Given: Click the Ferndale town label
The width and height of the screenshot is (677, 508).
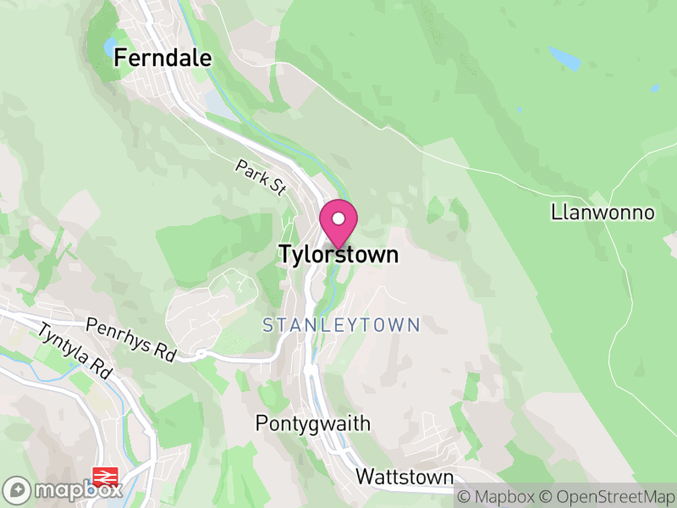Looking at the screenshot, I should [x=162, y=58].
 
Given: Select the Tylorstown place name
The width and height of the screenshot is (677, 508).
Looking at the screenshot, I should [x=338, y=254].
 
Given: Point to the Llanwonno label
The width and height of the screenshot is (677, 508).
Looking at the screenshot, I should [x=603, y=212].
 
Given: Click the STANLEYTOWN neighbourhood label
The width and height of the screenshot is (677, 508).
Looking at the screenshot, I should [x=341, y=325].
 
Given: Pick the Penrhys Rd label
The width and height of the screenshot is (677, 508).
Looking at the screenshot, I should [x=130, y=339].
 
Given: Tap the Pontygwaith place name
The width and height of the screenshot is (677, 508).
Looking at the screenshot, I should [x=313, y=423].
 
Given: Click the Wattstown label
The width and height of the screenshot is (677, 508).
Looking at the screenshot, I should [x=405, y=476].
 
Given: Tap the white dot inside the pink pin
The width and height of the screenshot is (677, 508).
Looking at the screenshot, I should [x=338, y=218].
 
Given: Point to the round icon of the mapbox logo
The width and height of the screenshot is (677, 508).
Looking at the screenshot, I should [x=19, y=489].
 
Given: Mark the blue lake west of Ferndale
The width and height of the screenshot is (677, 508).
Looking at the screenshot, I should [x=110, y=45].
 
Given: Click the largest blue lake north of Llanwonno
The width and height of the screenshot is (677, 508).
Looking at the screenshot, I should [x=564, y=58].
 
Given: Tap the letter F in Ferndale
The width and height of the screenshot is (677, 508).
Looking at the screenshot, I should [x=120, y=58].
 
